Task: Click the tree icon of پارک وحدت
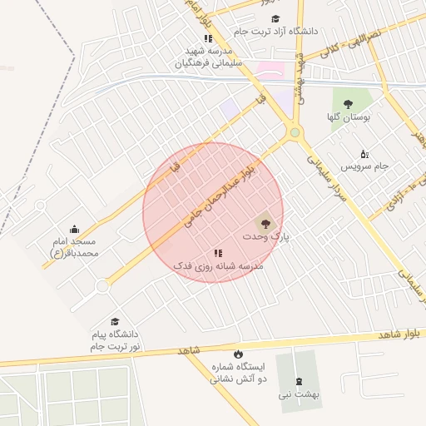265,224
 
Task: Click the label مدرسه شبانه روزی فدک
218,265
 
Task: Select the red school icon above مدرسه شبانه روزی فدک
218,253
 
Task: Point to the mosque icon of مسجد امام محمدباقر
75,229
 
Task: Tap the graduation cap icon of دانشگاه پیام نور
115,322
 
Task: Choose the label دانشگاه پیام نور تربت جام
116,339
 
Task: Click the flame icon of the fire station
239,354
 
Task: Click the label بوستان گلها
348,117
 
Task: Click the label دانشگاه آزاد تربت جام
275,31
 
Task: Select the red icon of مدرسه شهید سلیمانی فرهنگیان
208,38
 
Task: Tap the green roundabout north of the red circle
294,132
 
